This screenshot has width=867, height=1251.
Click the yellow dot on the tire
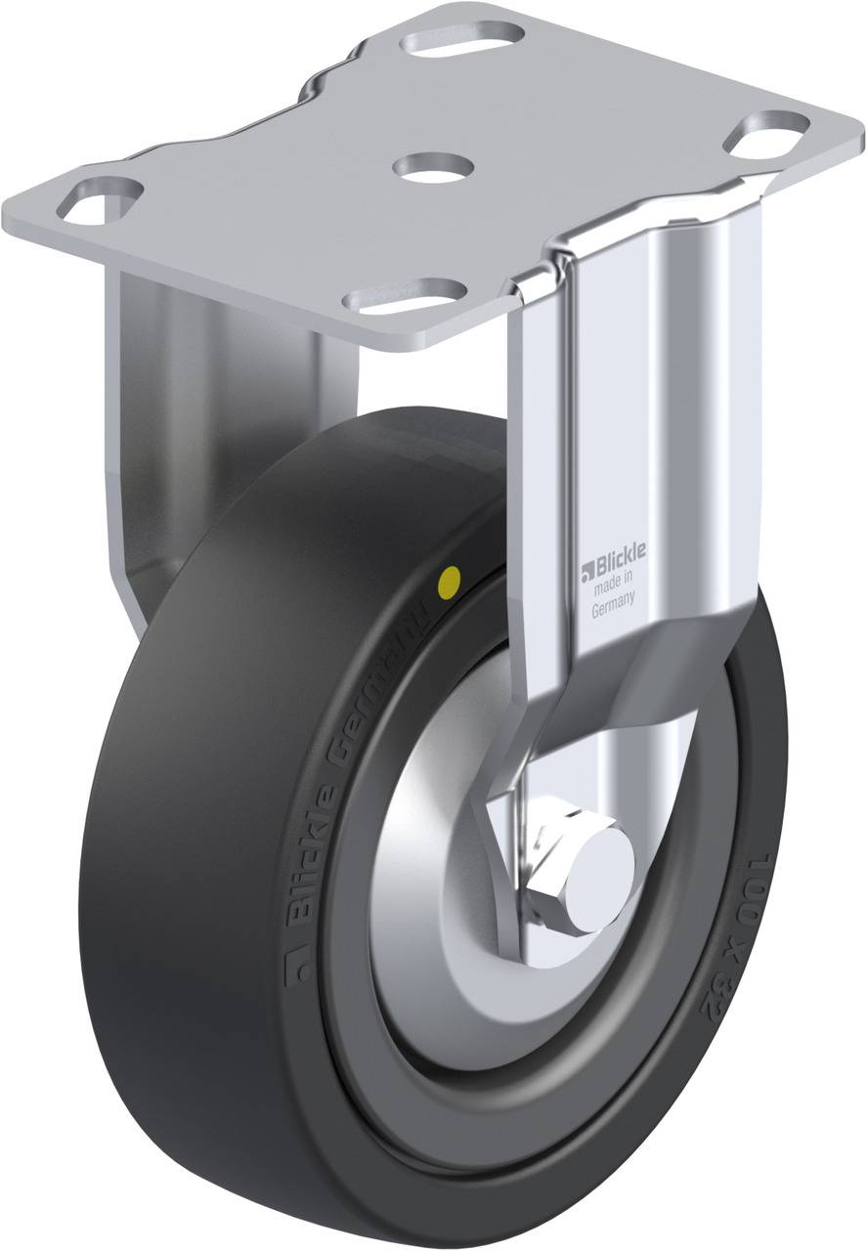(452, 583)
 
